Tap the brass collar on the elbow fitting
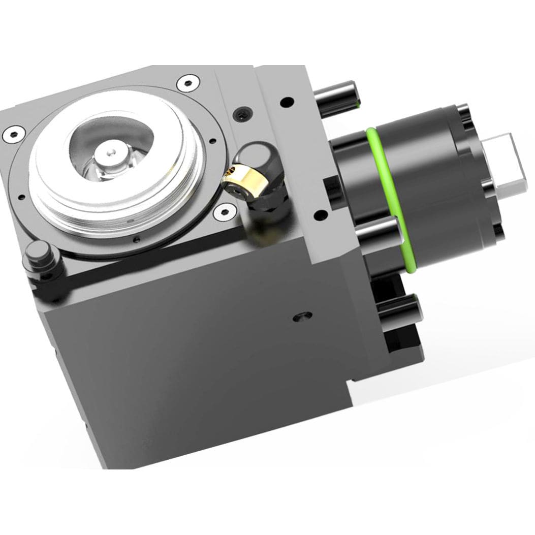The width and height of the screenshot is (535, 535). pyautogui.click(x=239, y=181)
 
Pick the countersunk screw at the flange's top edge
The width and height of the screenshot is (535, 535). pyautogui.click(x=189, y=81)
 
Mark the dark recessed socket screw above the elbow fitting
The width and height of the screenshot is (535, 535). pyautogui.click(x=242, y=113)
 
